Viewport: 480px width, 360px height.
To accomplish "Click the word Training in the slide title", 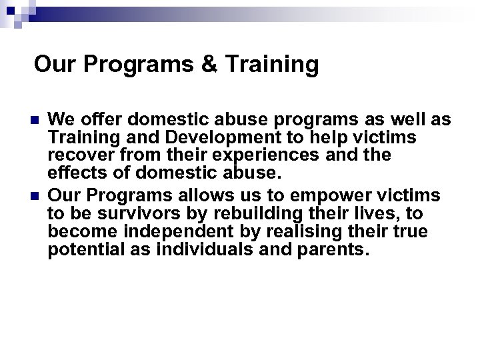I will point(271,65).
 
